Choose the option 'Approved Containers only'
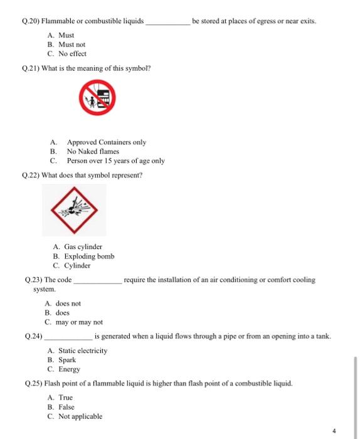(x=106, y=142)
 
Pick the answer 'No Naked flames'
(x=92, y=151)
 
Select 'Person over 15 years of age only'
(x=115, y=161)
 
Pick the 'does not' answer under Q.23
(x=68, y=303)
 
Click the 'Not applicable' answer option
(x=80, y=416)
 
